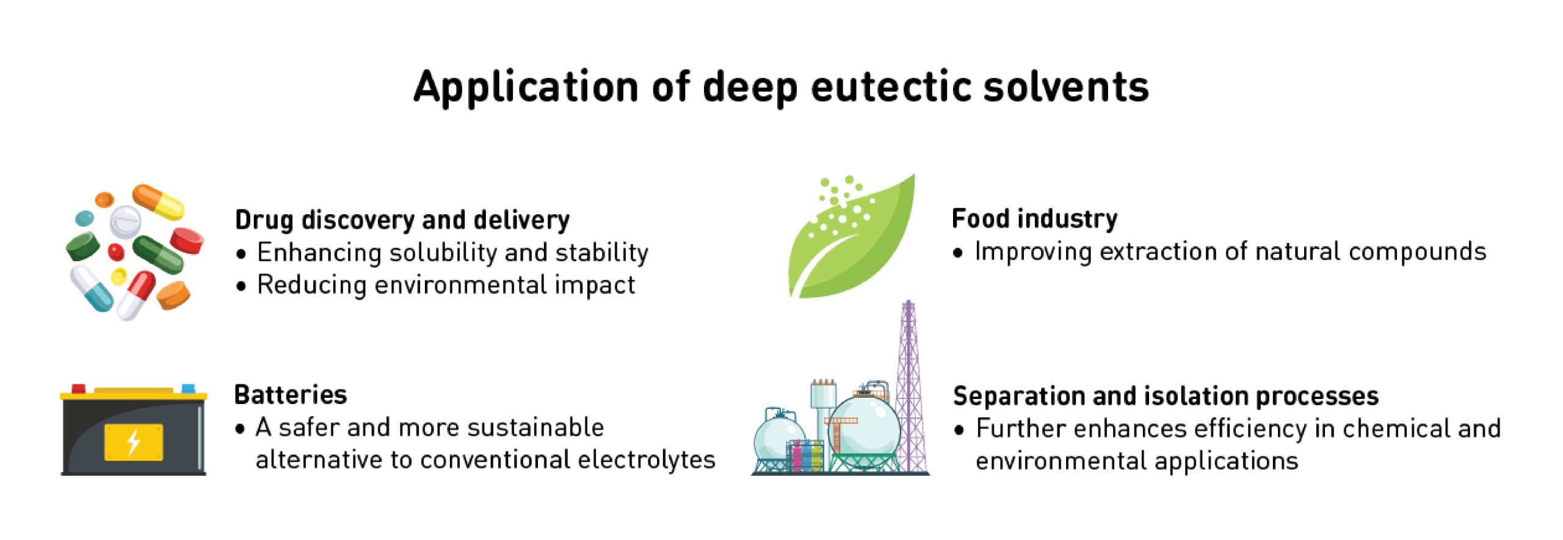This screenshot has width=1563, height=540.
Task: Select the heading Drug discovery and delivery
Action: (x=402, y=220)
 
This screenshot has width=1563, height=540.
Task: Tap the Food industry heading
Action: (x=1034, y=218)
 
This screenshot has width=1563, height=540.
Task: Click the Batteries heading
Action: (x=291, y=395)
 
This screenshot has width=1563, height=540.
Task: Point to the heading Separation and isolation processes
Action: (x=1166, y=396)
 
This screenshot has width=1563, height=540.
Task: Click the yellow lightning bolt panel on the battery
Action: (x=134, y=442)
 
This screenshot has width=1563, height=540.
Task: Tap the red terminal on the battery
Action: (x=79, y=389)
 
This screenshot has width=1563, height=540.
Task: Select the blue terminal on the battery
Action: (x=189, y=389)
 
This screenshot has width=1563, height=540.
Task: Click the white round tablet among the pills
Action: (x=125, y=221)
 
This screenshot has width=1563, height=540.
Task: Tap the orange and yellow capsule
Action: (x=158, y=201)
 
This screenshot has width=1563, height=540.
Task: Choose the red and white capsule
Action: (x=136, y=295)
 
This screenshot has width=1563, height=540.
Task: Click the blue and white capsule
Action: (x=92, y=288)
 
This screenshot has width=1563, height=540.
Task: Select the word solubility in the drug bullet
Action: (x=443, y=253)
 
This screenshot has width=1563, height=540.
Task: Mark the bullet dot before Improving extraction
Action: (x=958, y=253)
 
